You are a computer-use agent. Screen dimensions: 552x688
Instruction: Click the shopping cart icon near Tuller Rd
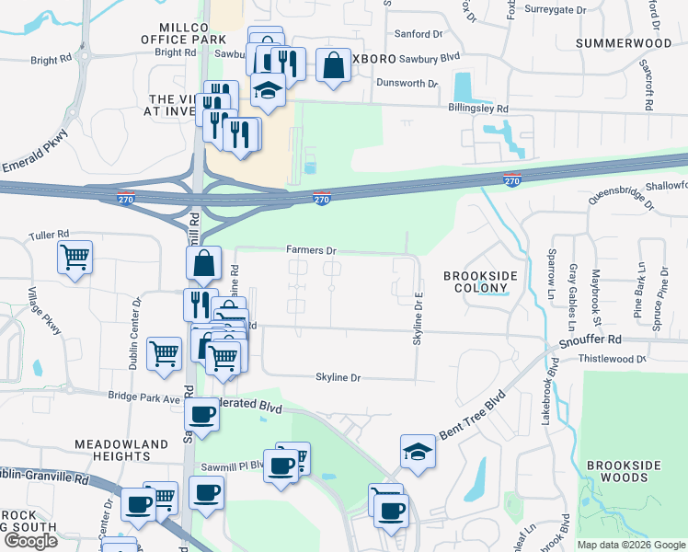(x=75, y=258)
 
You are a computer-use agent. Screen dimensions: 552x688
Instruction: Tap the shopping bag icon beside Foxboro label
(x=333, y=64)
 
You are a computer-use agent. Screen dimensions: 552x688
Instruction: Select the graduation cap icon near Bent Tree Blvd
(x=418, y=452)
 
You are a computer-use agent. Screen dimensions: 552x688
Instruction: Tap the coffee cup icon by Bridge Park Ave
(x=202, y=413)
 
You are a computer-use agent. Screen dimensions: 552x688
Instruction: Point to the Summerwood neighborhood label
(x=624, y=43)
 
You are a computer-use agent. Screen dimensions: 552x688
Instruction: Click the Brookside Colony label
(x=480, y=282)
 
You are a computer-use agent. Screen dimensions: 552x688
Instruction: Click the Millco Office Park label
(x=183, y=34)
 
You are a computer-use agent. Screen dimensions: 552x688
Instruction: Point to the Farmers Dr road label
(x=312, y=249)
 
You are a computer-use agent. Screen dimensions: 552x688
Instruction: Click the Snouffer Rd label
(x=590, y=339)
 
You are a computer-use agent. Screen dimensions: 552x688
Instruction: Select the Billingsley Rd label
(x=477, y=108)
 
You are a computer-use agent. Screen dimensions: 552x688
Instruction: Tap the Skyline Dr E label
(x=419, y=318)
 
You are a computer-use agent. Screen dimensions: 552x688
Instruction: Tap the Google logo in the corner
(x=30, y=541)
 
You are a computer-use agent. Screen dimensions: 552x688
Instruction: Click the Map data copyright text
(x=631, y=545)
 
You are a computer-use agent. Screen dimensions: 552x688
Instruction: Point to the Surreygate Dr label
(x=555, y=9)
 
